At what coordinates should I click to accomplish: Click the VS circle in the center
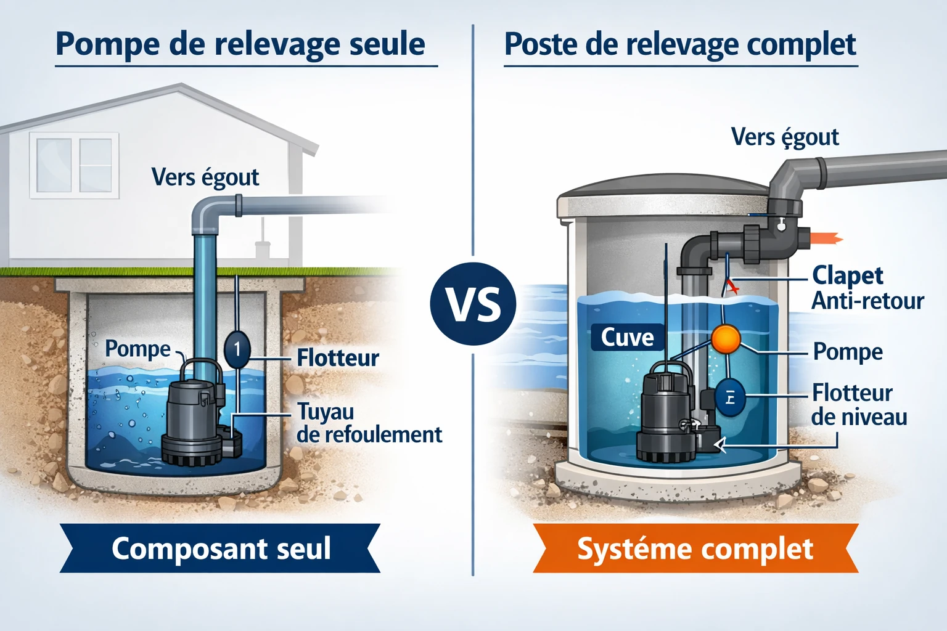[x=473, y=303]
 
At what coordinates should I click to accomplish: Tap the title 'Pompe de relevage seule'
[x=240, y=44]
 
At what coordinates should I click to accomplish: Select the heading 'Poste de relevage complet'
[x=680, y=44]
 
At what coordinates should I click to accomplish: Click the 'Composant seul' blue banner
[x=221, y=548]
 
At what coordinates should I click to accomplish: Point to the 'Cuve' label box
[x=627, y=338]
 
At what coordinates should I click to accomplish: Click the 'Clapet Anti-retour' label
[x=866, y=288]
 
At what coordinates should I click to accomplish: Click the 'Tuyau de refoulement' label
[x=368, y=423]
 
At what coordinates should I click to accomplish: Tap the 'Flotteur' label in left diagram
[x=337, y=358]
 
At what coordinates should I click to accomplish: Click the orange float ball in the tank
[x=725, y=338]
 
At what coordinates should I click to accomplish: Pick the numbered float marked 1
[x=237, y=349]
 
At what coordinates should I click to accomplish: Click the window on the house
[x=75, y=165]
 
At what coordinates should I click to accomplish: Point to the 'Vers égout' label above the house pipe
[x=205, y=177]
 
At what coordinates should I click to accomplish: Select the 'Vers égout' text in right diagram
[x=784, y=137]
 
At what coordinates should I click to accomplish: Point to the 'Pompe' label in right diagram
[x=848, y=352]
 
